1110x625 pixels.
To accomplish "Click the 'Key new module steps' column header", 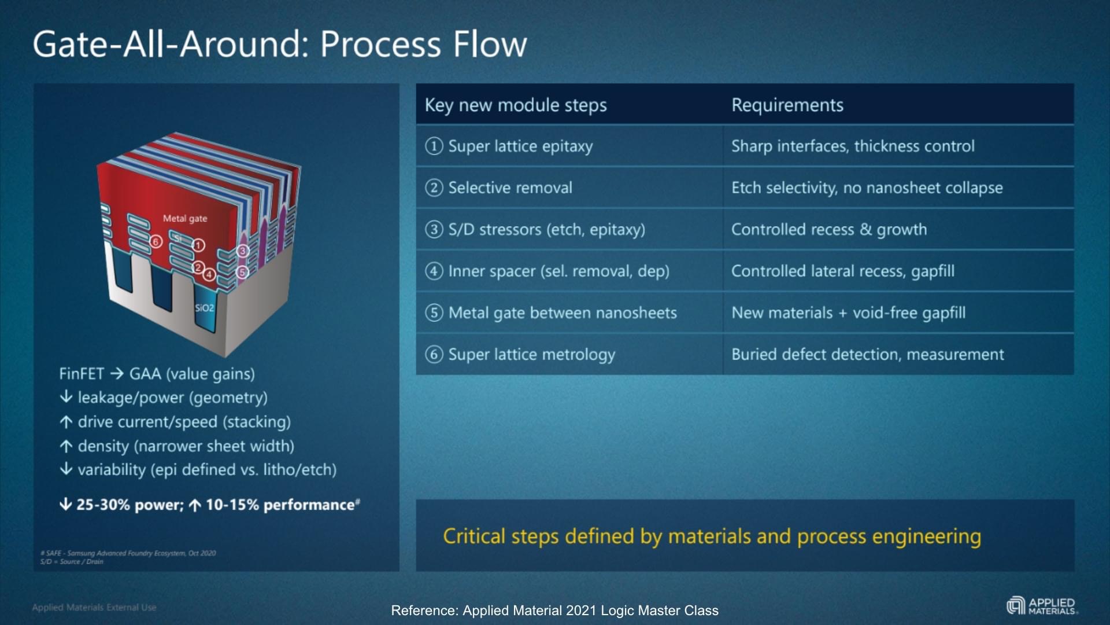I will click(515, 105).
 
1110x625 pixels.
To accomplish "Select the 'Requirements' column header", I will click(787, 105).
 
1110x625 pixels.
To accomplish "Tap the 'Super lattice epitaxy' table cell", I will click(520, 146).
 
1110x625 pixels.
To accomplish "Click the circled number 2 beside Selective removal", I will click(434, 187).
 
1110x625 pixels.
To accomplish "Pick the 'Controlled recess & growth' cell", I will click(828, 230).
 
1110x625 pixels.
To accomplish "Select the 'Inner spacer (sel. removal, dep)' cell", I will click(558, 271).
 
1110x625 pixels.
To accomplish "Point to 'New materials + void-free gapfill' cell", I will click(848, 313).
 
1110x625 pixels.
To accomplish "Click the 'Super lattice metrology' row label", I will click(531, 355).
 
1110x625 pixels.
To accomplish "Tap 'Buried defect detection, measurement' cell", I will click(867, 355).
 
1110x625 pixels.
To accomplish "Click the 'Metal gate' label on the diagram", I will click(184, 219).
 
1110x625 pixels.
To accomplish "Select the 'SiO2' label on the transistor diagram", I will click(204, 308).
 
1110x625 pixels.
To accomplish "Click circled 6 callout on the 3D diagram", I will click(156, 241).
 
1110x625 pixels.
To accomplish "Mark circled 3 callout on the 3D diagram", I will click(242, 251).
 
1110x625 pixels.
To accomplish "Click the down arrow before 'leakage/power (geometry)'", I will click(66, 397).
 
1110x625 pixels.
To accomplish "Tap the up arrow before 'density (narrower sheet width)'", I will click(66, 446).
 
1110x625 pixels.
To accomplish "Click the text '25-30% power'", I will click(129, 505).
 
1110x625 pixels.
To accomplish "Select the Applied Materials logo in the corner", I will click(1042, 606).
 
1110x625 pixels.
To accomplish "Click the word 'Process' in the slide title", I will click(381, 45).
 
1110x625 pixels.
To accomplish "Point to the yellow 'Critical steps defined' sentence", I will click(712, 536).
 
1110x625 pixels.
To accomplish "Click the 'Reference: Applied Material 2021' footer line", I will click(554, 611).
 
